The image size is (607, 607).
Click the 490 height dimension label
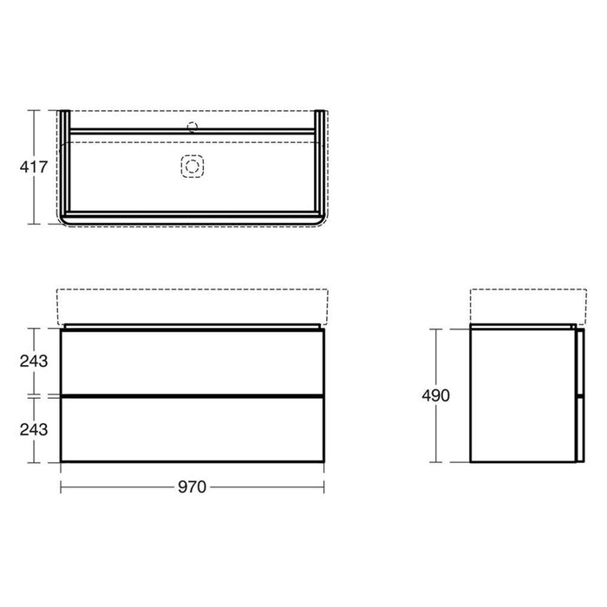click(436, 395)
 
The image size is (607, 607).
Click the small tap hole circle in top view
click(193, 127)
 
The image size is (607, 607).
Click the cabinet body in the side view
click(520, 395)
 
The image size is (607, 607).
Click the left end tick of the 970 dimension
click(61, 486)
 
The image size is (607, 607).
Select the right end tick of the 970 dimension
click(323, 486)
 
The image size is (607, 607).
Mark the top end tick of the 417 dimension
click(35, 109)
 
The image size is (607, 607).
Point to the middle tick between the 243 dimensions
click(36, 395)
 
